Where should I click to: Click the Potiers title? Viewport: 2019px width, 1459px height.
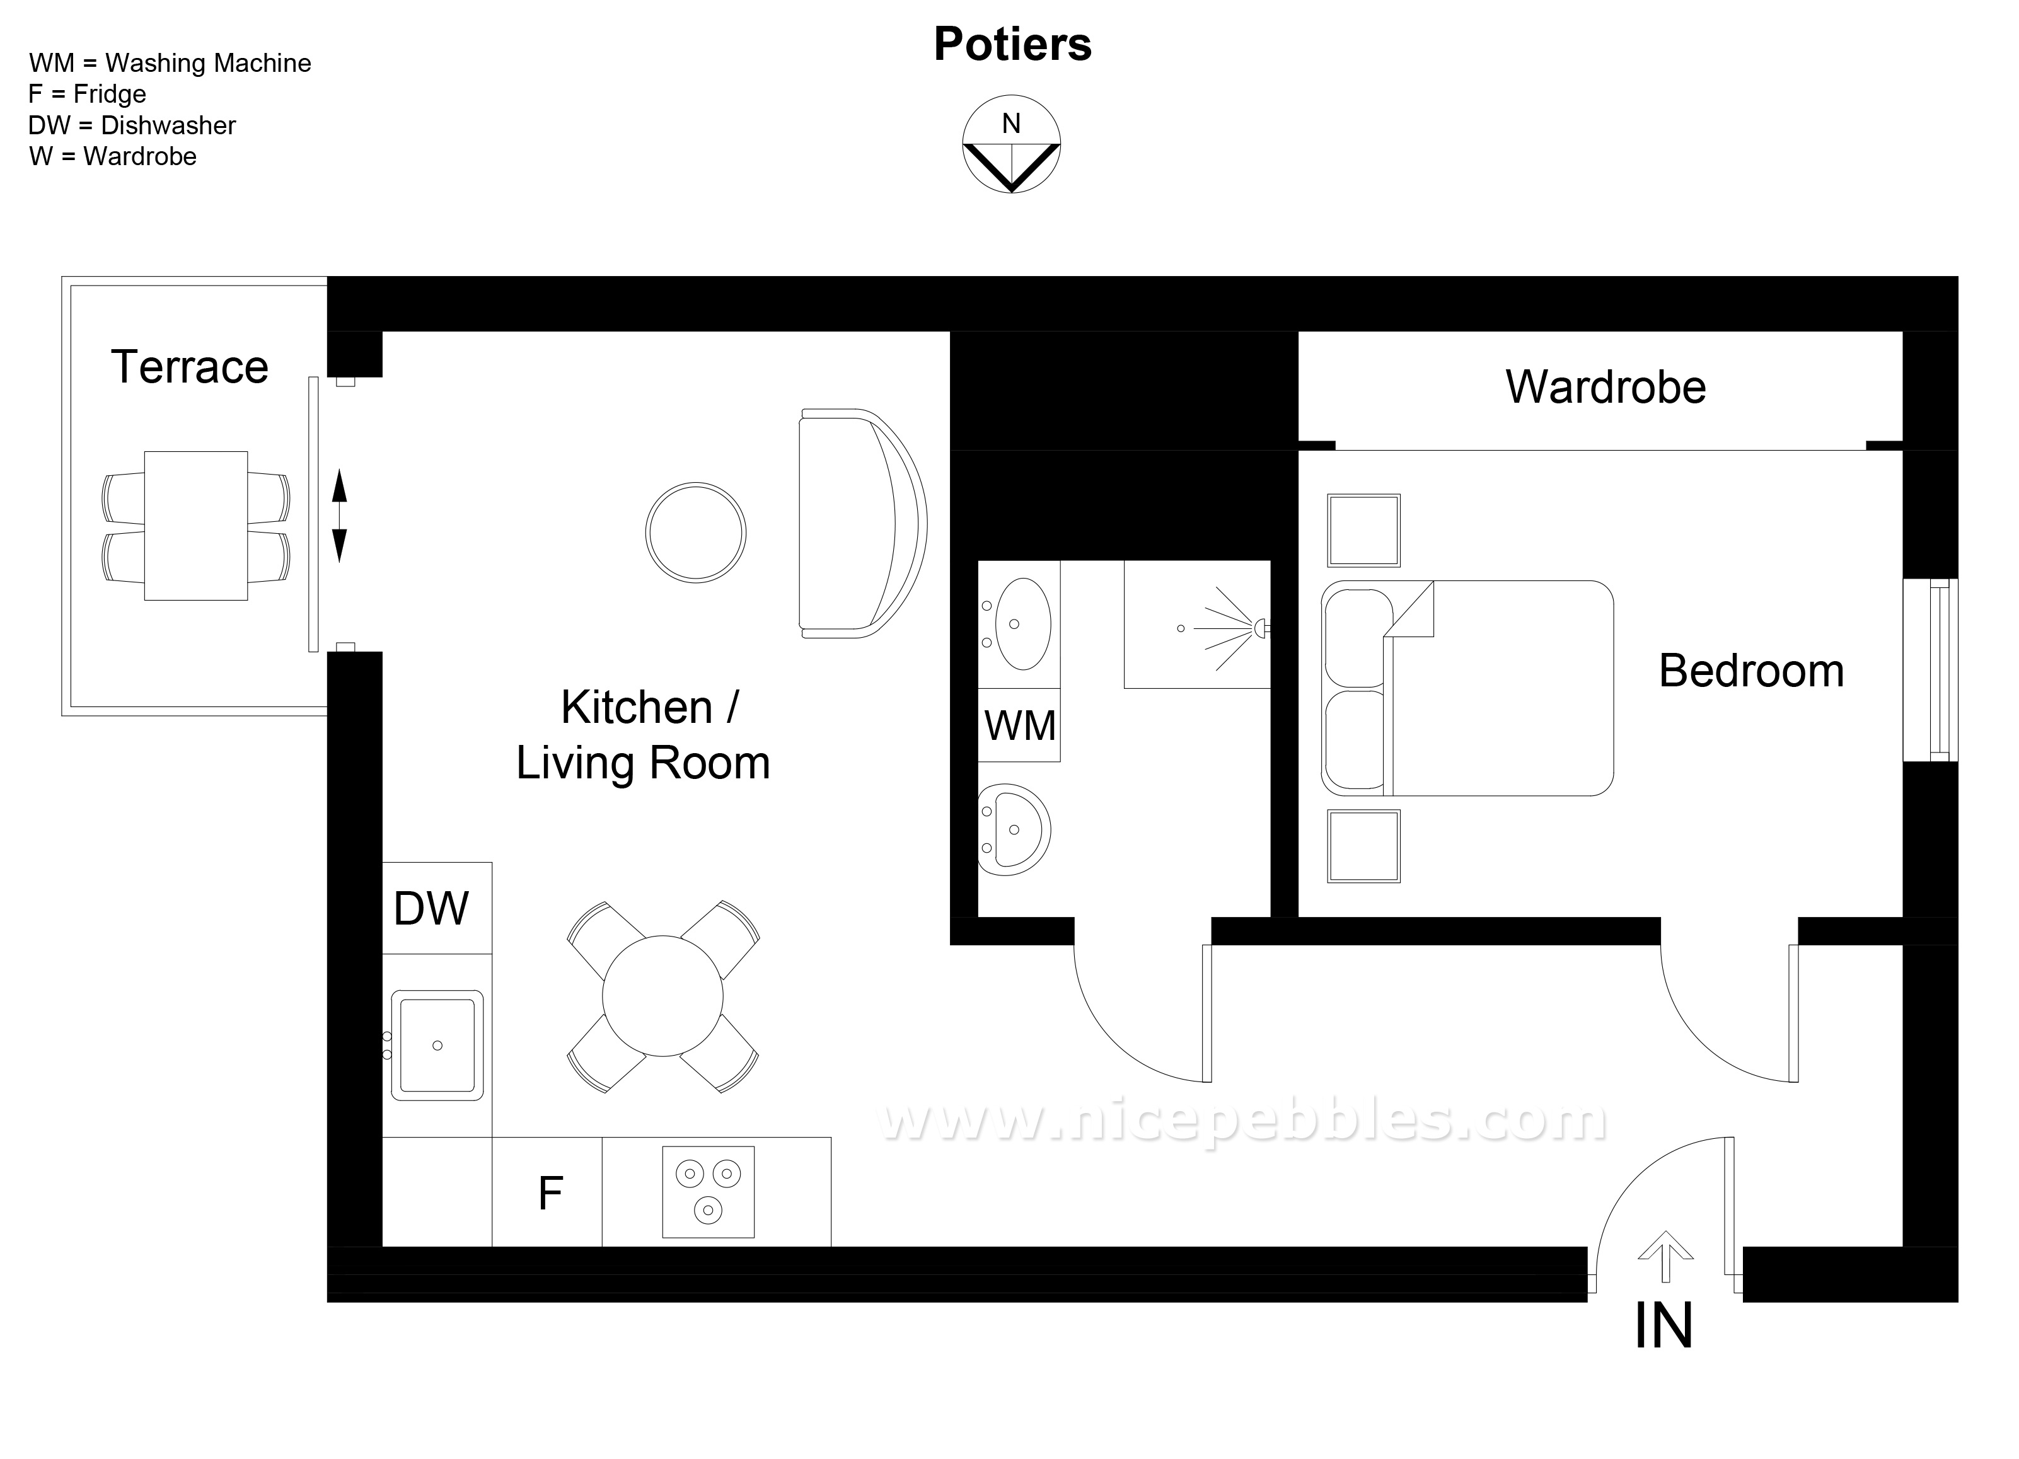(x=1012, y=45)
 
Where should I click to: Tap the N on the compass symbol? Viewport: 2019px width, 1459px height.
(x=1011, y=124)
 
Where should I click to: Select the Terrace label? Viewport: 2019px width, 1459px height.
(x=190, y=367)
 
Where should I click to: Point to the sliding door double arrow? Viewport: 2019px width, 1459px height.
(x=339, y=516)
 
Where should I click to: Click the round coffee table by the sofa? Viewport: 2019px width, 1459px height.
(x=696, y=533)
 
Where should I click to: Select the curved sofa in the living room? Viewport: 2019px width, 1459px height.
(x=862, y=524)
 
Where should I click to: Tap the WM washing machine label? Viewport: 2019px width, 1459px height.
(x=1020, y=725)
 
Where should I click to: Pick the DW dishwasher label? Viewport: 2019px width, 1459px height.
(x=431, y=909)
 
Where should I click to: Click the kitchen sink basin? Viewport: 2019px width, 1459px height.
(x=437, y=1045)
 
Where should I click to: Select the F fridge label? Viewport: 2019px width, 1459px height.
(x=550, y=1193)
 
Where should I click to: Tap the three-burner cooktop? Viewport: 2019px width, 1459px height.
(x=709, y=1192)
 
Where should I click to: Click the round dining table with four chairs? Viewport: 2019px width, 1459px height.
(x=663, y=996)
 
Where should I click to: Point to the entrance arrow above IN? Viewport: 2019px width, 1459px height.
(x=1665, y=1257)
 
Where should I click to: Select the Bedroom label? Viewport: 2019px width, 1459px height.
(x=1751, y=671)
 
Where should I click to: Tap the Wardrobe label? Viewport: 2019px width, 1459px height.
(x=1606, y=387)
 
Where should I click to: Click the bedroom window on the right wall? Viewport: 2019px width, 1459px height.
(x=1930, y=671)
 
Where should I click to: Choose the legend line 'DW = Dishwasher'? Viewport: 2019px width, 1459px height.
(x=132, y=125)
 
